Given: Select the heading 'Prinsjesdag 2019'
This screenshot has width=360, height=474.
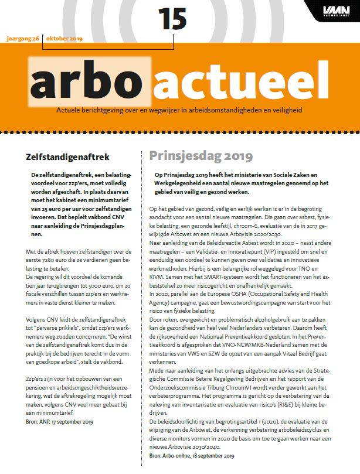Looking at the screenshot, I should pyautogui.click(x=201, y=156).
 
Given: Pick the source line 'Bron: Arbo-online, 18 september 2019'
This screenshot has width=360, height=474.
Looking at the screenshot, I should pyautogui.click(x=192, y=455).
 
